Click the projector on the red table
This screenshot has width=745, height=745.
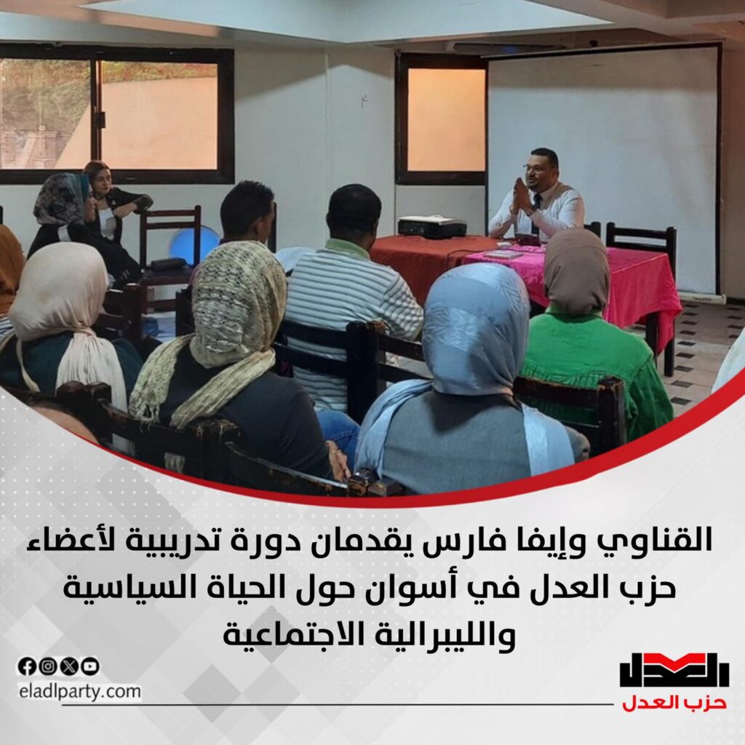coord(431,226)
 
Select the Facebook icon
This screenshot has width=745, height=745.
coord(27,666)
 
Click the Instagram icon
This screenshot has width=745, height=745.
coord(47,666)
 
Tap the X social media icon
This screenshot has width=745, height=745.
coord(69,666)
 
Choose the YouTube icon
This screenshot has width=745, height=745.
coord(90,666)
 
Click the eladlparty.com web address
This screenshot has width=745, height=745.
coord(80,691)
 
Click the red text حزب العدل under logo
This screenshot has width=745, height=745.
coord(674,702)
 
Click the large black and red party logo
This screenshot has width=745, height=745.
coord(674,670)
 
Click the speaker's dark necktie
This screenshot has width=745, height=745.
coord(536,212)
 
